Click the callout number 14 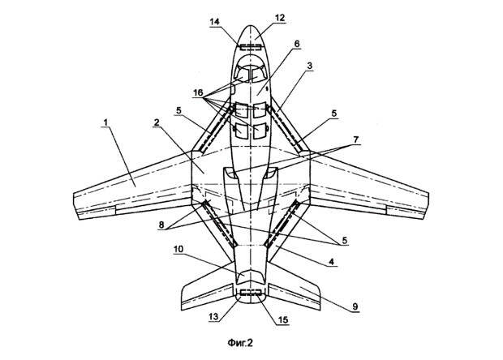[215, 22]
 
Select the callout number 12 [280, 18]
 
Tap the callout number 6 [297, 44]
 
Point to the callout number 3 [310, 66]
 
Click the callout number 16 [198, 93]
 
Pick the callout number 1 [105, 122]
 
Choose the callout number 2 [157, 122]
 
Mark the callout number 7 [356, 139]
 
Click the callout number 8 [161, 225]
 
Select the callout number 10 [178, 249]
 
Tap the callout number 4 [331, 262]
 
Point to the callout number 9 [355, 306]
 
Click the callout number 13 [213, 317]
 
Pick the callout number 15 [282, 319]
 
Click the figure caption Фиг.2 [240, 343]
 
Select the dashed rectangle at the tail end [251, 292]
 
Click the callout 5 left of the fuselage [178, 110]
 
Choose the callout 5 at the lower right [345, 241]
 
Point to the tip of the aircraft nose [250, 26]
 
